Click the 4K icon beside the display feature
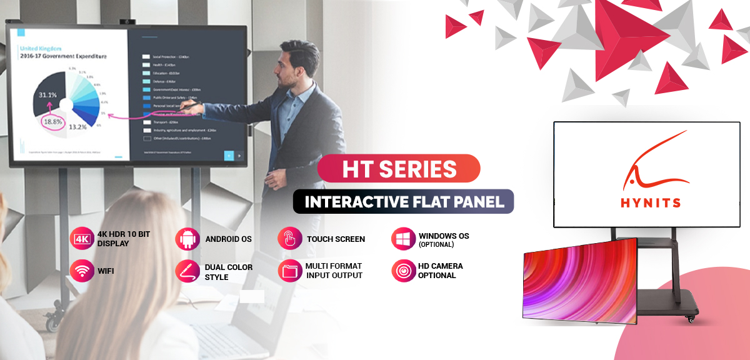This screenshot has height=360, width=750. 82,239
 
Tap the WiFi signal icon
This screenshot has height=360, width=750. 82,272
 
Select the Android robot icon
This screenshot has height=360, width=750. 187,239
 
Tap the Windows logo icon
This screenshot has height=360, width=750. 403,239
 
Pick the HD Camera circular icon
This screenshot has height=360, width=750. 403,271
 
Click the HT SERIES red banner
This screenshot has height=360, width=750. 399,168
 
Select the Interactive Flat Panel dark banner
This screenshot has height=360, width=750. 403,202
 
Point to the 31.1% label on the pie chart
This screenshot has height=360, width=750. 48,95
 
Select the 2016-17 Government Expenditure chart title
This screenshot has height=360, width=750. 62,56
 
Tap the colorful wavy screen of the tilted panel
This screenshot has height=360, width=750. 578,281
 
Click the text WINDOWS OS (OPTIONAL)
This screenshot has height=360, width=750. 444,240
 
